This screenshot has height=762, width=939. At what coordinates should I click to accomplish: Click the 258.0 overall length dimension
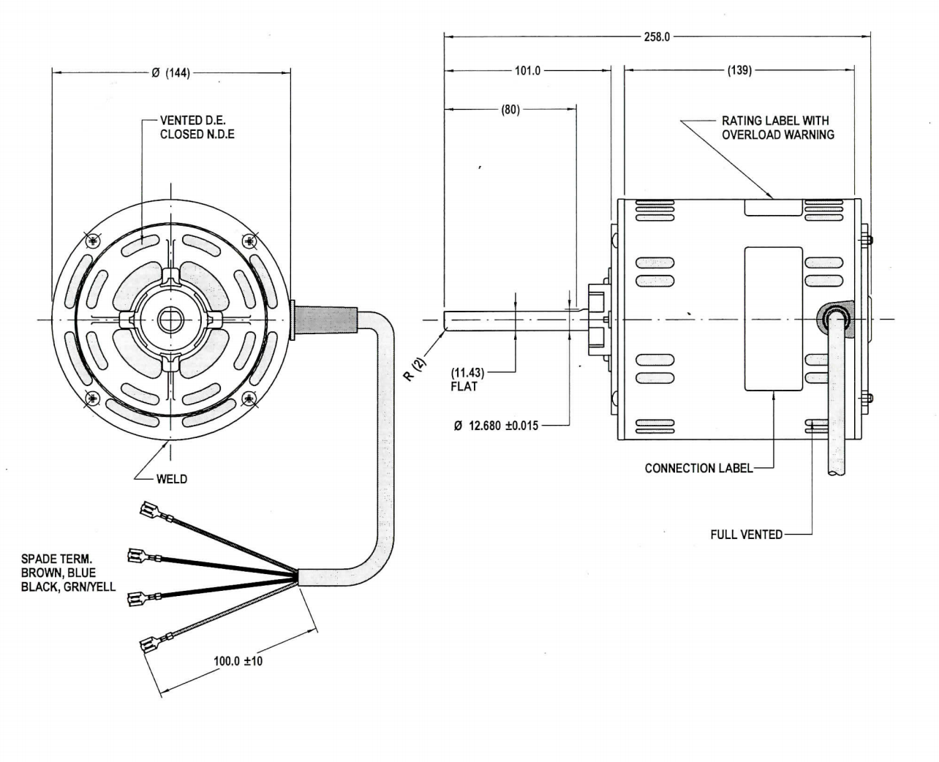click(656, 37)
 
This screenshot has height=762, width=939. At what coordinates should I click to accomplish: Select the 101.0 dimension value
click(527, 71)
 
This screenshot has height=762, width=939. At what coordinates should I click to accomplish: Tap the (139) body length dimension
click(739, 71)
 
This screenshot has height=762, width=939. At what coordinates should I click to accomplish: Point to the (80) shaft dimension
click(510, 110)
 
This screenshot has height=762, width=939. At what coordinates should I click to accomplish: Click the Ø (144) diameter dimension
click(170, 72)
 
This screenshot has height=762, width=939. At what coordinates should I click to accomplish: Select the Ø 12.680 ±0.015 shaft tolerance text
click(495, 426)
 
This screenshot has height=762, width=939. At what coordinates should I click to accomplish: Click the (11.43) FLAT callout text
click(467, 379)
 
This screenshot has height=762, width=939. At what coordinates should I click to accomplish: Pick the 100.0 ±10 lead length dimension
click(238, 661)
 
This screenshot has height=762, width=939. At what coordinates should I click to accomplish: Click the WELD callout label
click(171, 479)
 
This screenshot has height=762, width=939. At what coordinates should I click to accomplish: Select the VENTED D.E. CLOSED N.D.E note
click(197, 127)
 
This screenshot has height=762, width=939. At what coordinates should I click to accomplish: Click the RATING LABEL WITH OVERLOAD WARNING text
click(777, 127)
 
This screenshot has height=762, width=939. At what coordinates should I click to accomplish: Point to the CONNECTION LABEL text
click(698, 468)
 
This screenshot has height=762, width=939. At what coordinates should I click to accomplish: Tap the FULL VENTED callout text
click(746, 535)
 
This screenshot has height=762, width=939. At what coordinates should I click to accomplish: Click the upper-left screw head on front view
click(91, 241)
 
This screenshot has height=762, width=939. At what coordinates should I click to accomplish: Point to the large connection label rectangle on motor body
click(773, 318)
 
